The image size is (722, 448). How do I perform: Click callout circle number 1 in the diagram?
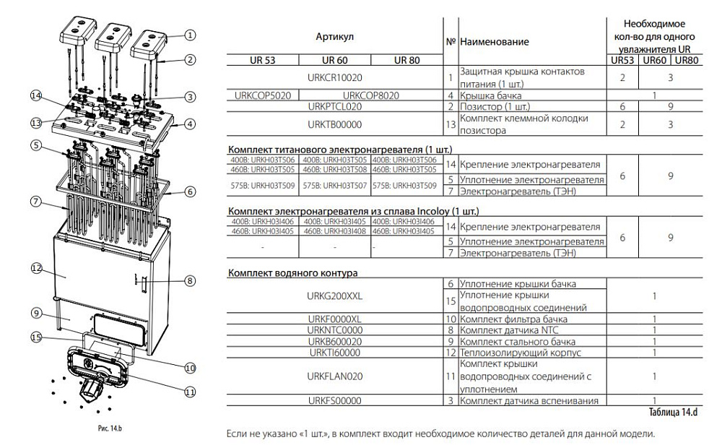(190, 34)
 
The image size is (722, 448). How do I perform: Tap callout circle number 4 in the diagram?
(190, 124)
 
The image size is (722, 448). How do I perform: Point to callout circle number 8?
(190, 280)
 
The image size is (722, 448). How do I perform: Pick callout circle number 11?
(190, 392)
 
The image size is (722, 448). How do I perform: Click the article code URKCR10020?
(335, 77)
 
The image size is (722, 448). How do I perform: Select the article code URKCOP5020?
(261, 95)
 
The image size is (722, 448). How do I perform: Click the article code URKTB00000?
(334, 124)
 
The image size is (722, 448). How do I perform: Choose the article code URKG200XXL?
(334, 296)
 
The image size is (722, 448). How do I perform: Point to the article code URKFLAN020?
(334, 376)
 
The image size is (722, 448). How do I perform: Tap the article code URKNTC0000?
(334, 330)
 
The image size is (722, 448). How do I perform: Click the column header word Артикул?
(335, 35)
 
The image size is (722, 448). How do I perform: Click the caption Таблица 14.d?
(674, 412)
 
